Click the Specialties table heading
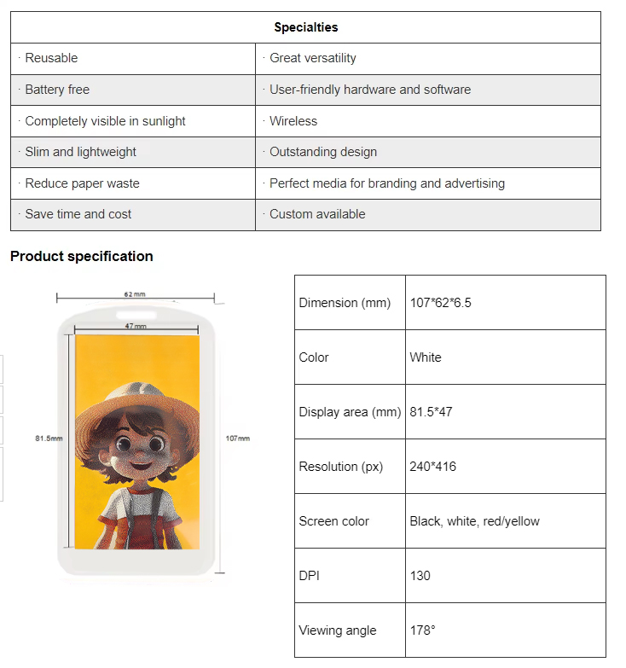coord(305,27)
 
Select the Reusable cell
coord(51,58)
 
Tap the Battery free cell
coord(57,90)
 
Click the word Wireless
coord(293,121)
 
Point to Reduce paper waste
coord(82,183)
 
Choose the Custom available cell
coord(317,214)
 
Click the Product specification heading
coord(82,256)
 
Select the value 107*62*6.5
coord(440,303)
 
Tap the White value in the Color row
coord(426,357)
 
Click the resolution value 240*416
coord(432,467)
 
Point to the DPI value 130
coord(420,576)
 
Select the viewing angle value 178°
coord(422,630)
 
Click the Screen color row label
coord(334,521)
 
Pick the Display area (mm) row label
coord(350,412)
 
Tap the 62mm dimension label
coord(135,294)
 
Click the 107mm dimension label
coord(238,439)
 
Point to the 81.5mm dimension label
coord(49,439)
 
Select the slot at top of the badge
coord(136,312)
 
